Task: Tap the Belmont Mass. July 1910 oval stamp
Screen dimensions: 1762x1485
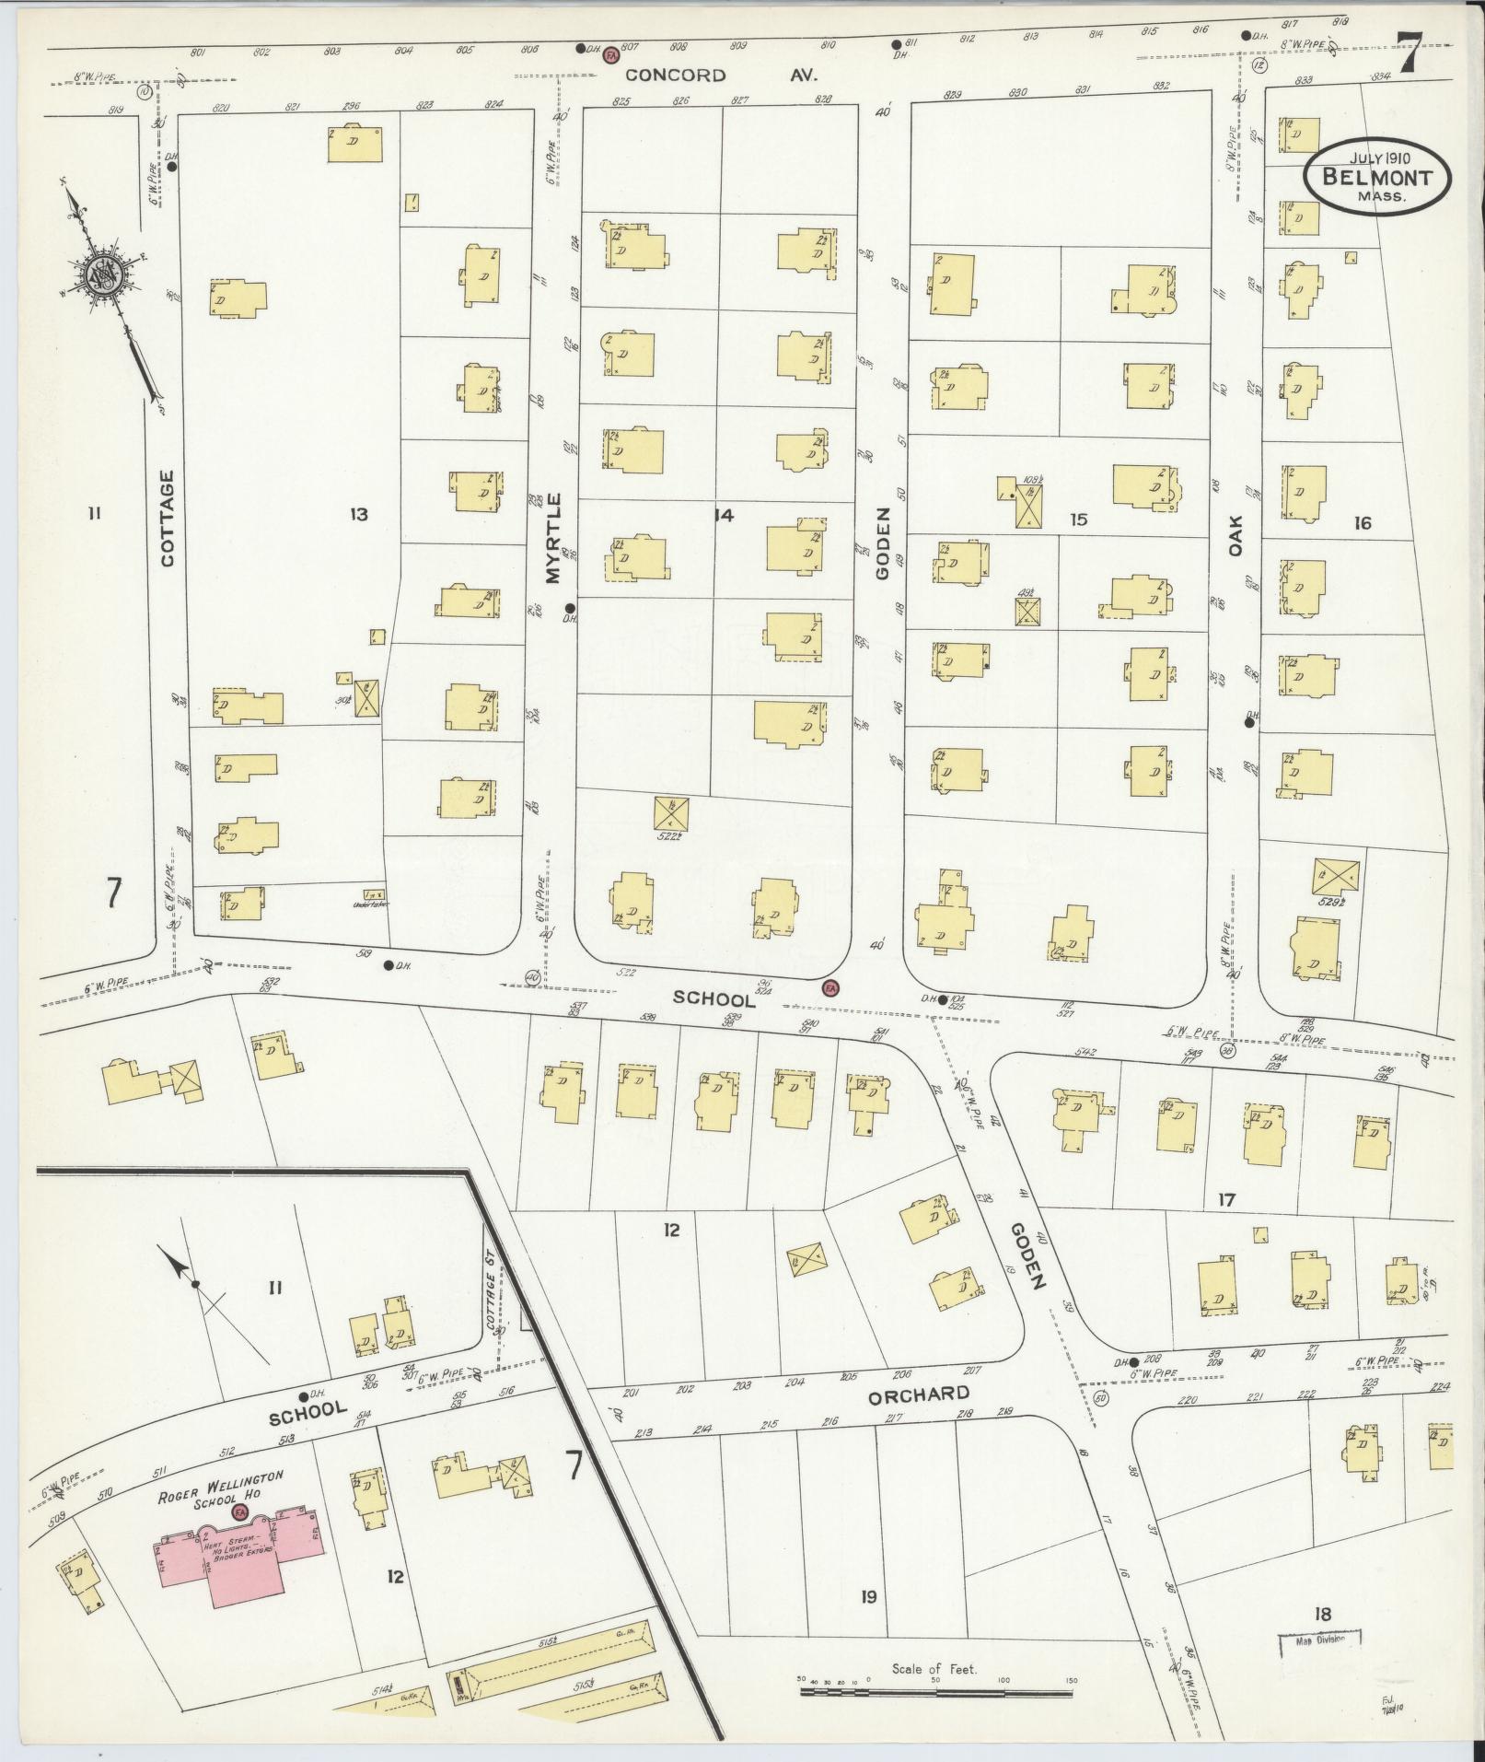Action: pyautogui.click(x=1375, y=177)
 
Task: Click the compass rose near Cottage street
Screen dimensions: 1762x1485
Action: pyautogui.click(x=99, y=274)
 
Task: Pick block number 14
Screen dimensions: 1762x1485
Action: pyautogui.click(x=724, y=516)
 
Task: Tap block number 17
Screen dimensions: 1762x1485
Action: pyautogui.click(x=1225, y=1200)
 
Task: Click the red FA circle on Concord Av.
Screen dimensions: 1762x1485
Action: pyautogui.click(x=609, y=55)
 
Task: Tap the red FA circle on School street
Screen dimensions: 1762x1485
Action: pyautogui.click(x=830, y=988)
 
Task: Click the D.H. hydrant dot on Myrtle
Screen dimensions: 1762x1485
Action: pyautogui.click(x=570, y=608)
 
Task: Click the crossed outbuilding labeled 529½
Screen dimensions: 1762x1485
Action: pyautogui.click(x=1336, y=877)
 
